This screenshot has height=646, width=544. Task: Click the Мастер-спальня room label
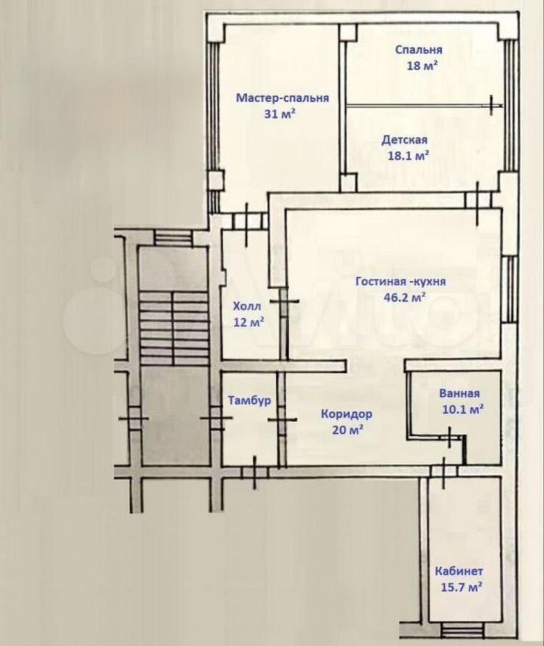pyautogui.click(x=282, y=98)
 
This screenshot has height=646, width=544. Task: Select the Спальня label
pyautogui.click(x=419, y=50)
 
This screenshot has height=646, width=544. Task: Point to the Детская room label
pyautogui.click(x=404, y=140)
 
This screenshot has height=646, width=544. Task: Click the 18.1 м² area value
pyautogui.click(x=408, y=156)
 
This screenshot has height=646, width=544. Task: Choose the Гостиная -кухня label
pyautogui.click(x=400, y=281)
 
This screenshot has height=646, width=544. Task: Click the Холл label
pyautogui.click(x=247, y=306)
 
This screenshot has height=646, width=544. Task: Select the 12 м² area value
pyautogui.click(x=249, y=322)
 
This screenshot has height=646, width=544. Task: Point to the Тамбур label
pyautogui.click(x=250, y=401)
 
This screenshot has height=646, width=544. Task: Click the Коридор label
pyautogui.click(x=347, y=414)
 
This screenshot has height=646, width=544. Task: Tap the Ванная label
pyautogui.click(x=459, y=393)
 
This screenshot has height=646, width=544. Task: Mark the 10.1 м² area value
pyautogui.click(x=463, y=410)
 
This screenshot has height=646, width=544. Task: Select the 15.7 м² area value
pyautogui.click(x=462, y=587)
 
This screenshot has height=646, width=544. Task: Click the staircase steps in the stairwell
pyautogui.click(x=174, y=328)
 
